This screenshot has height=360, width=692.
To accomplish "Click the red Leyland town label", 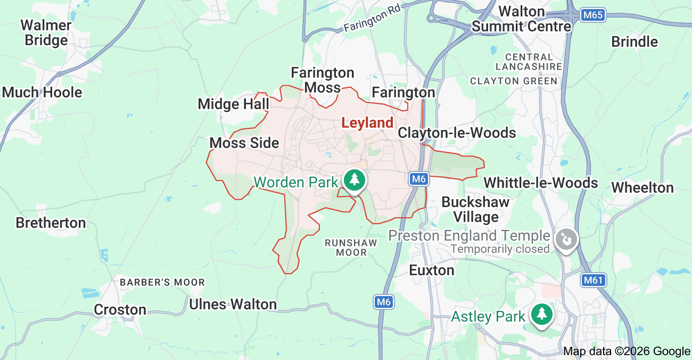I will click(x=367, y=123).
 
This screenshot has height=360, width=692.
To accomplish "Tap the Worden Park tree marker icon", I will click(x=355, y=179).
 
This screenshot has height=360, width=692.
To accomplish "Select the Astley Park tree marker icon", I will click(x=542, y=314).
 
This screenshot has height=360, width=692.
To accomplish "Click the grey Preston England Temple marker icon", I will click(x=566, y=239).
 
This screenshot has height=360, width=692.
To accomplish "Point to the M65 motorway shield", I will click(x=592, y=15).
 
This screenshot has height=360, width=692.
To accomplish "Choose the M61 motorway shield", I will click(x=594, y=280).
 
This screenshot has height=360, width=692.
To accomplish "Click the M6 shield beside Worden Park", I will click(x=419, y=179).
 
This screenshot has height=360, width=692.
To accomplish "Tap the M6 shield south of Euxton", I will click(x=384, y=302).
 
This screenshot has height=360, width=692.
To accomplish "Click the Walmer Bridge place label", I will click(x=46, y=32).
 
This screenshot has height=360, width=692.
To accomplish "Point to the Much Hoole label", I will click(x=43, y=92).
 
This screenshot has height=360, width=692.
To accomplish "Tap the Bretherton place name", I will click(x=51, y=223).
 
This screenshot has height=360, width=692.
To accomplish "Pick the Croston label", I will click(x=120, y=309).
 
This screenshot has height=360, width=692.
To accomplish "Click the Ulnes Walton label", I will click(x=233, y=305).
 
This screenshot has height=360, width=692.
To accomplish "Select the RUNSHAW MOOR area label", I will click(x=351, y=248).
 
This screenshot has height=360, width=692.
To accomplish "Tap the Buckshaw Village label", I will click(x=475, y=209).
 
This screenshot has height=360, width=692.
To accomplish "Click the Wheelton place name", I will click(x=642, y=187).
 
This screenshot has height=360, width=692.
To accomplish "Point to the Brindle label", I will click(x=635, y=42).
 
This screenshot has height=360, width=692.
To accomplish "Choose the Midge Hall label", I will click(x=233, y=104).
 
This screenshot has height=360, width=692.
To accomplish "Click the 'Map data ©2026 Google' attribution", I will click(x=627, y=351).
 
